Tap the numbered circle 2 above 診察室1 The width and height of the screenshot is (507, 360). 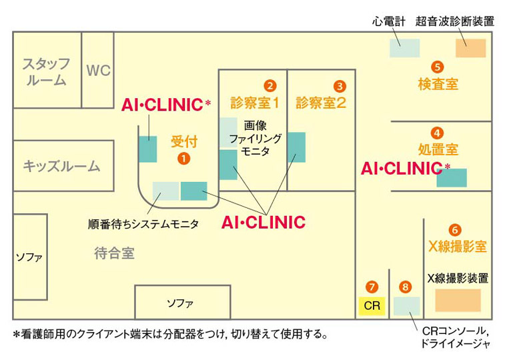coord(270,85)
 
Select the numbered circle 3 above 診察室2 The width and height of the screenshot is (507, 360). coord(340,85)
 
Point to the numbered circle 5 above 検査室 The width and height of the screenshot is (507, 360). coord(438,67)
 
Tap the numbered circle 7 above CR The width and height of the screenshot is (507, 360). coord(372,287)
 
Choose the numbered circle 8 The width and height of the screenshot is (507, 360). coord(406,287)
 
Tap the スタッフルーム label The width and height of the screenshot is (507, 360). coord(45,72)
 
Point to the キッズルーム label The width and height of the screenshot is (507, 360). coord(61,166)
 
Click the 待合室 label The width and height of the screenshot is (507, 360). coord(114,253)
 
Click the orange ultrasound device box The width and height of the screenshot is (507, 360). coord(470,48)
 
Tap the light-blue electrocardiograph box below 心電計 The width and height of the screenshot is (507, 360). coord(405,48)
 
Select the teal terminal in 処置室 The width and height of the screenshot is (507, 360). coord(452,177)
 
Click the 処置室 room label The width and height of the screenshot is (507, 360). coord(438,149)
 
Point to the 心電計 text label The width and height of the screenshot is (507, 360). coord(389,21)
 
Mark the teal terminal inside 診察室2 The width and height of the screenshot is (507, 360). coord(296,147)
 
